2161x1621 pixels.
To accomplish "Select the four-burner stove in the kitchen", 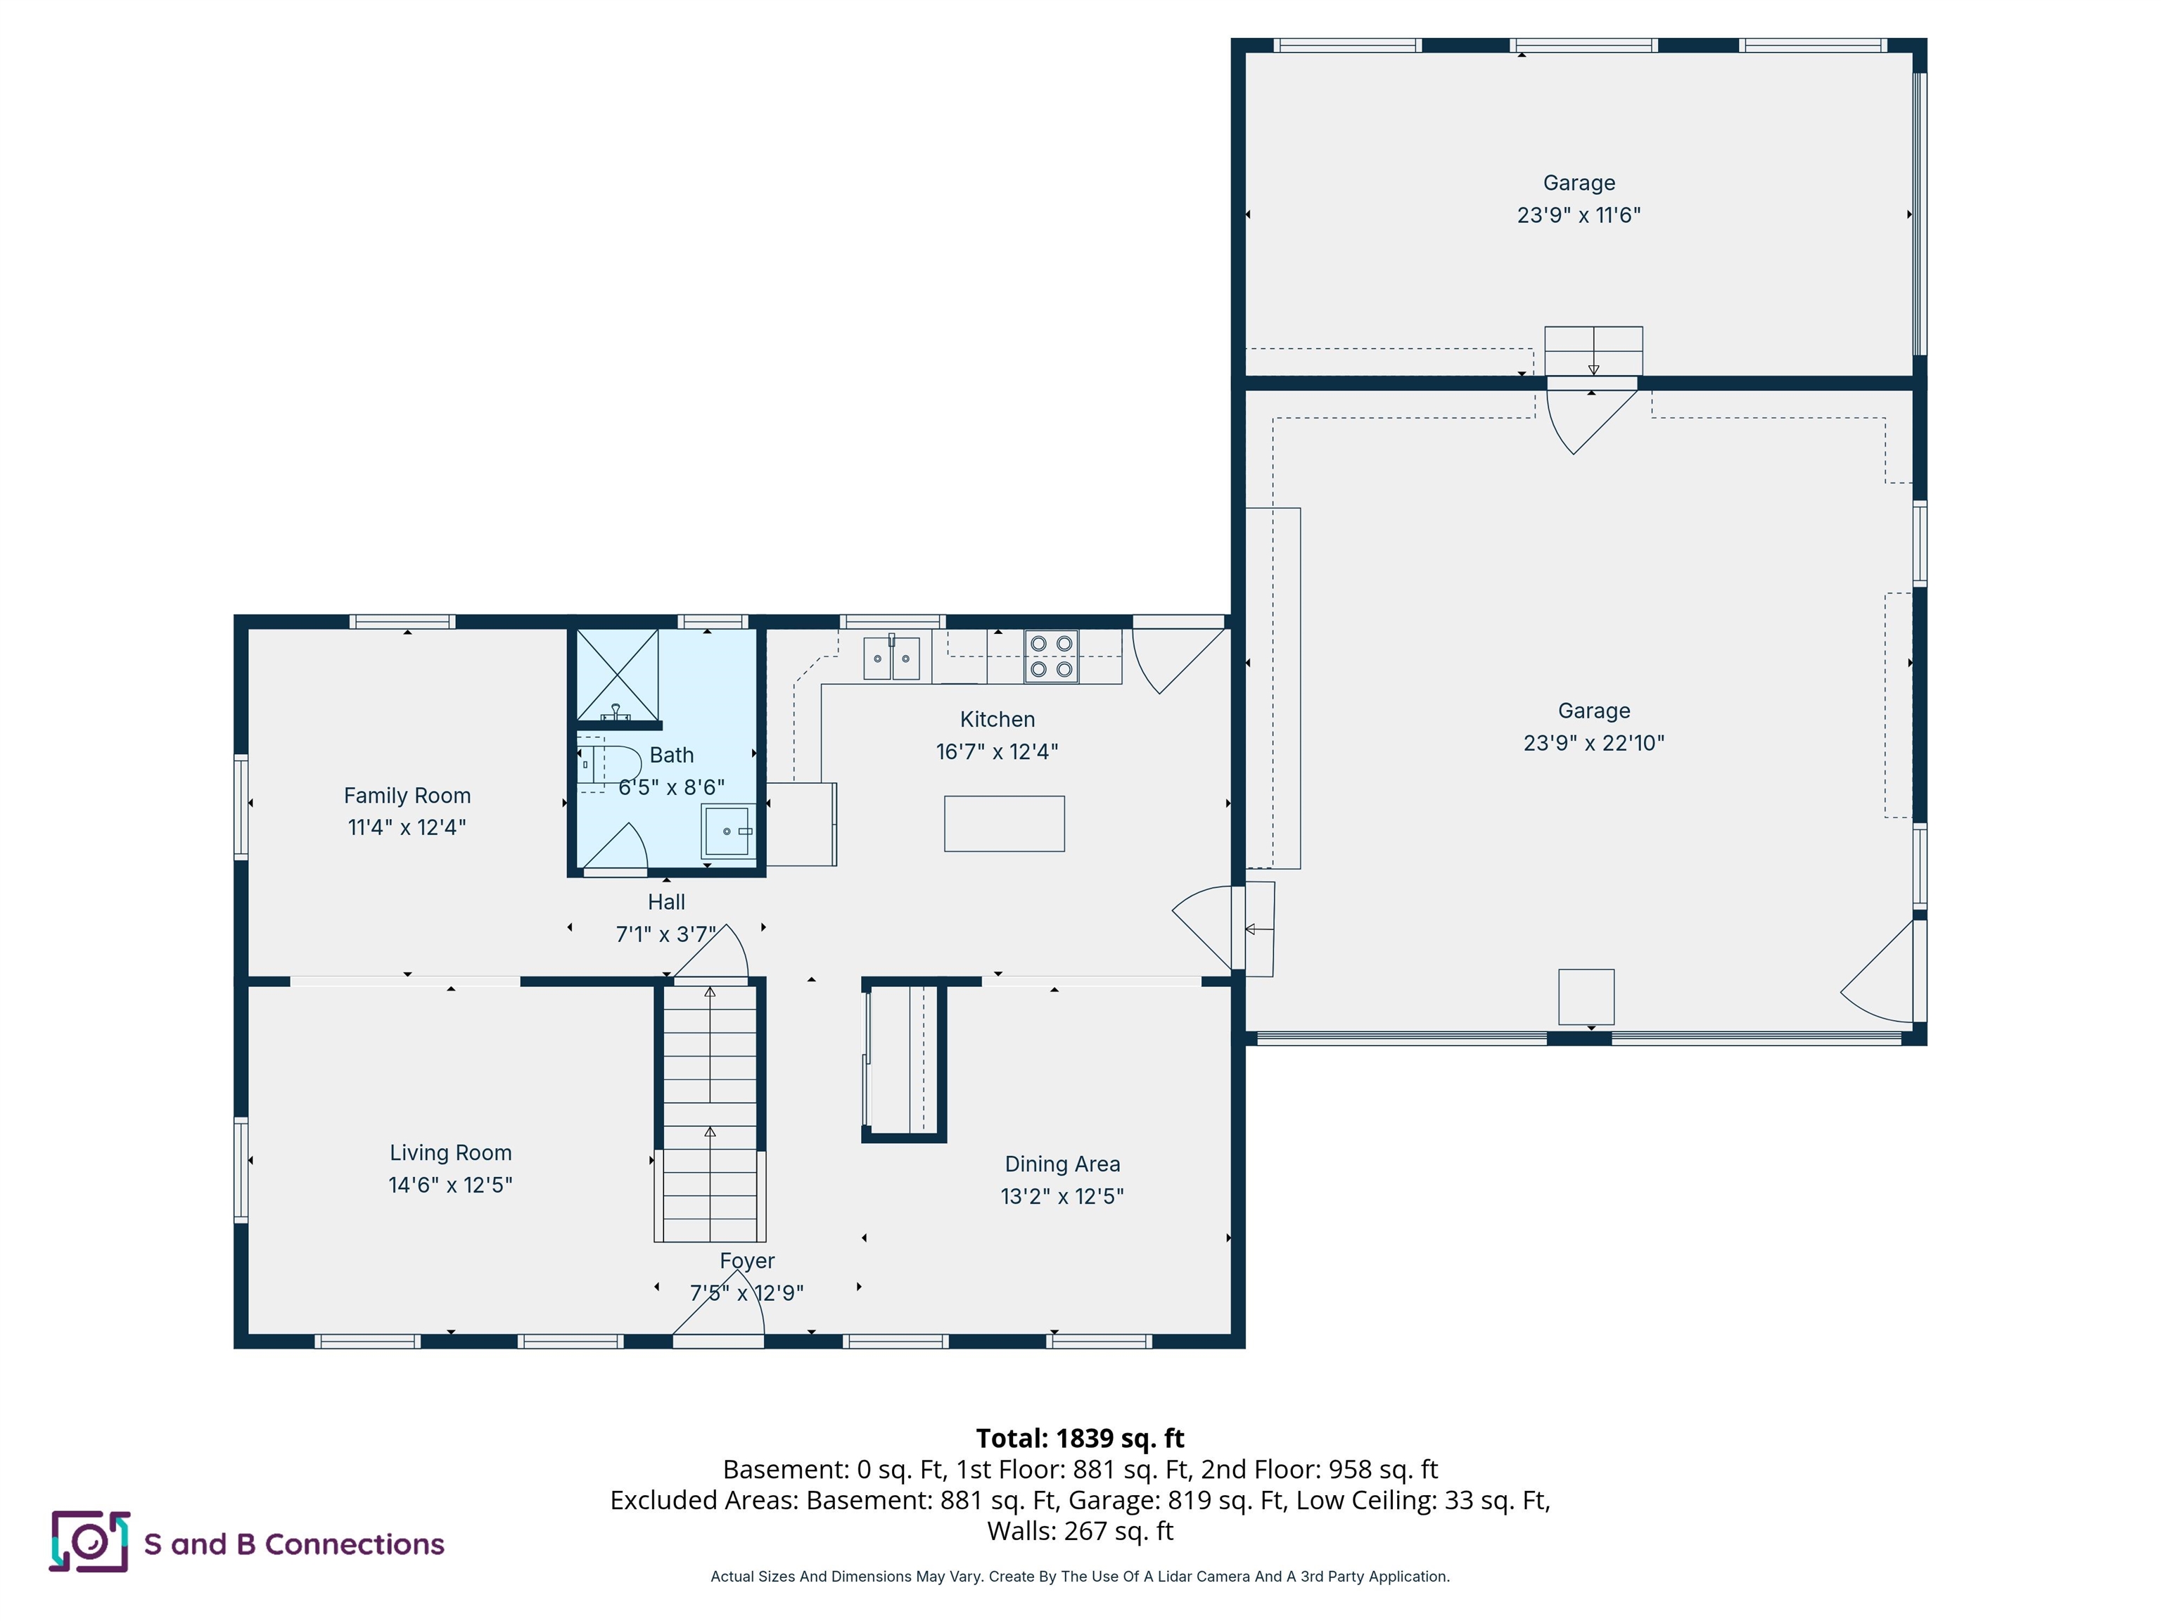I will pyautogui.click(x=1051, y=656).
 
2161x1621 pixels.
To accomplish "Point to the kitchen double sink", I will pyautogui.click(x=891, y=658).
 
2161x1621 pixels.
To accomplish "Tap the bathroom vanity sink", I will pyautogui.click(x=728, y=830).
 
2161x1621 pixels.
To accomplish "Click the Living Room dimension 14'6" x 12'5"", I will pyautogui.click(x=450, y=1184).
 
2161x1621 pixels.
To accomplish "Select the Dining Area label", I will pyautogui.click(x=1062, y=1164).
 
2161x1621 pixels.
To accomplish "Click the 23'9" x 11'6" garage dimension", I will pyautogui.click(x=1578, y=215).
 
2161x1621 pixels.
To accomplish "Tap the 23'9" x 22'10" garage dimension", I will pyautogui.click(x=1593, y=742).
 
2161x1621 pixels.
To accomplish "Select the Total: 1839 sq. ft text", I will pyautogui.click(x=1080, y=1438).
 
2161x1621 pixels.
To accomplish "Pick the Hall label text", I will pyautogui.click(x=666, y=902).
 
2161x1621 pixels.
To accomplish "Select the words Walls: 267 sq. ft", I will pyautogui.click(x=1080, y=1531).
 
